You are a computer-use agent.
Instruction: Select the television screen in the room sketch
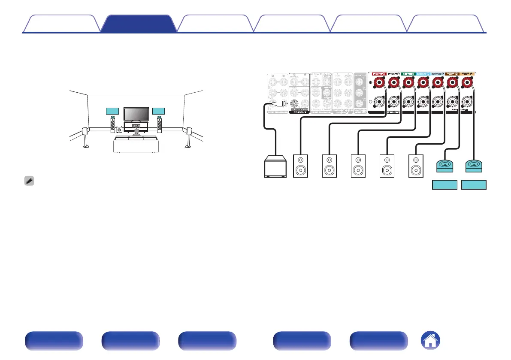point(136,114)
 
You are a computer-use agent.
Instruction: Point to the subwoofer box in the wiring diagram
point(275,165)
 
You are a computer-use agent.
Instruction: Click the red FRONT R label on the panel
point(379,74)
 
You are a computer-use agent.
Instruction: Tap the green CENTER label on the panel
point(408,74)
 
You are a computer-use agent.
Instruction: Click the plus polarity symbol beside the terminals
point(371,83)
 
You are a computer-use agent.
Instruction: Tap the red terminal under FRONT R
point(379,83)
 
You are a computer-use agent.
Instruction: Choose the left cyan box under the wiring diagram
point(444,185)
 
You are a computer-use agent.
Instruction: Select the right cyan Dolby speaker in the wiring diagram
point(474,165)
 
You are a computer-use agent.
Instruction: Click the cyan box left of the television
point(112,111)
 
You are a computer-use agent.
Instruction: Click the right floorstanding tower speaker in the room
point(159,124)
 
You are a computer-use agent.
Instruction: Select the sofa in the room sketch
point(136,144)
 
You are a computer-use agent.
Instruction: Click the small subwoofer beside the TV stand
point(119,129)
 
